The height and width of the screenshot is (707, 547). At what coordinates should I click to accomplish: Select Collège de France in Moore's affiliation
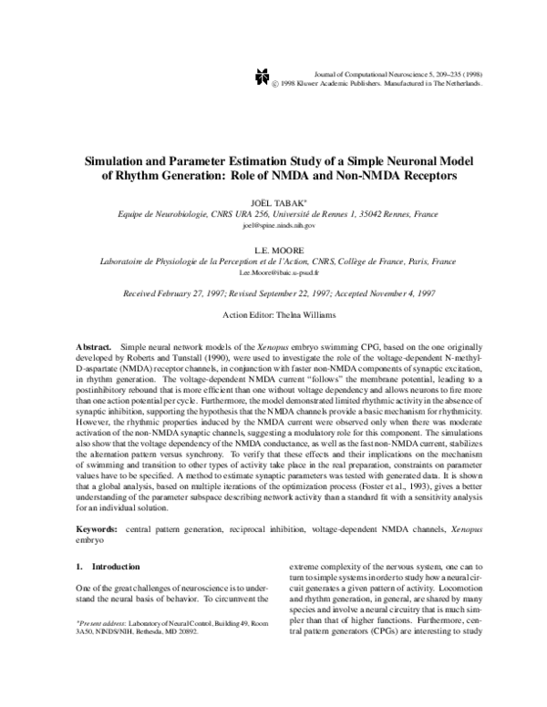point(368,261)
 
